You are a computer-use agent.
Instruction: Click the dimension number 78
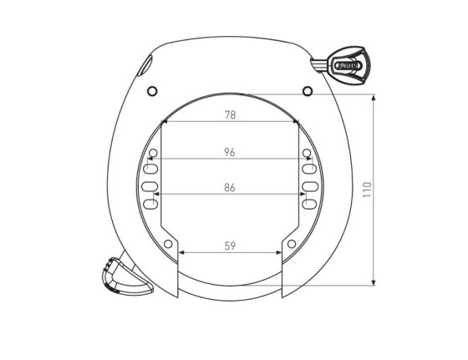(230, 115)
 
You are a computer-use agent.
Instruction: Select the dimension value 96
(230, 152)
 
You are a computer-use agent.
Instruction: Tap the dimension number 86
(230, 188)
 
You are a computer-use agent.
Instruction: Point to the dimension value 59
(230, 246)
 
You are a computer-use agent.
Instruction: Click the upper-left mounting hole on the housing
(152, 90)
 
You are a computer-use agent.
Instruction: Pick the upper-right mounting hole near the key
(308, 90)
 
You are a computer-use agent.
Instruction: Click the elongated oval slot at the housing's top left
(145, 64)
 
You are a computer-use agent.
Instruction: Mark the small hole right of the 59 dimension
(292, 244)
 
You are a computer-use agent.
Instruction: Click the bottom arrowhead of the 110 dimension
(374, 282)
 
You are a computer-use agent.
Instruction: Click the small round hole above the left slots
(153, 153)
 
